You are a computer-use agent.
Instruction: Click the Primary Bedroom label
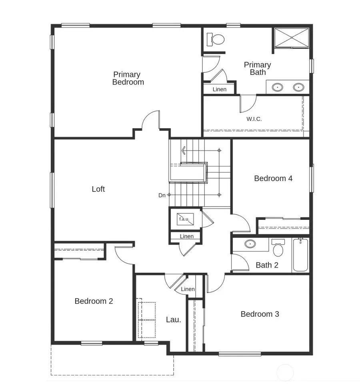pos(128,78)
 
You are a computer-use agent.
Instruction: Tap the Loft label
pos(98,189)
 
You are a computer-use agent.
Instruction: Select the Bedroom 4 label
pos(273,178)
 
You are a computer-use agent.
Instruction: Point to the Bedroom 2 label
pos(94,301)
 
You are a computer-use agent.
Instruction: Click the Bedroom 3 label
pos(260,314)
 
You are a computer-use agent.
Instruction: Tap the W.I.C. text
pos(254,119)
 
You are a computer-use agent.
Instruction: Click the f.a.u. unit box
pos(185,219)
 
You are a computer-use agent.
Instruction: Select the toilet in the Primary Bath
pos(217,40)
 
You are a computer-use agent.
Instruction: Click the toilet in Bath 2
pos(278,249)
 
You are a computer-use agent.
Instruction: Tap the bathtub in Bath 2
pos(300,255)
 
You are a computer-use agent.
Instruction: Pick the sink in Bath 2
pos(250,243)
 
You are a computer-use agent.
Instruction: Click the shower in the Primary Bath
pos(291,38)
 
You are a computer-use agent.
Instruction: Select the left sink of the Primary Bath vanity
pos(277,86)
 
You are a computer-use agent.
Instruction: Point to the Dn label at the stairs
pos(162,195)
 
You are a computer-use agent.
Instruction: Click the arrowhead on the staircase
pos(183,151)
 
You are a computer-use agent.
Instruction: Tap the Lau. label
pos(174,320)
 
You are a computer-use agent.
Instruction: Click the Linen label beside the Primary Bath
pos(219,89)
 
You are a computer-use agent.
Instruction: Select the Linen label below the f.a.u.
pos(186,236)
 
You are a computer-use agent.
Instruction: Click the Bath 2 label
pos(267,265)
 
